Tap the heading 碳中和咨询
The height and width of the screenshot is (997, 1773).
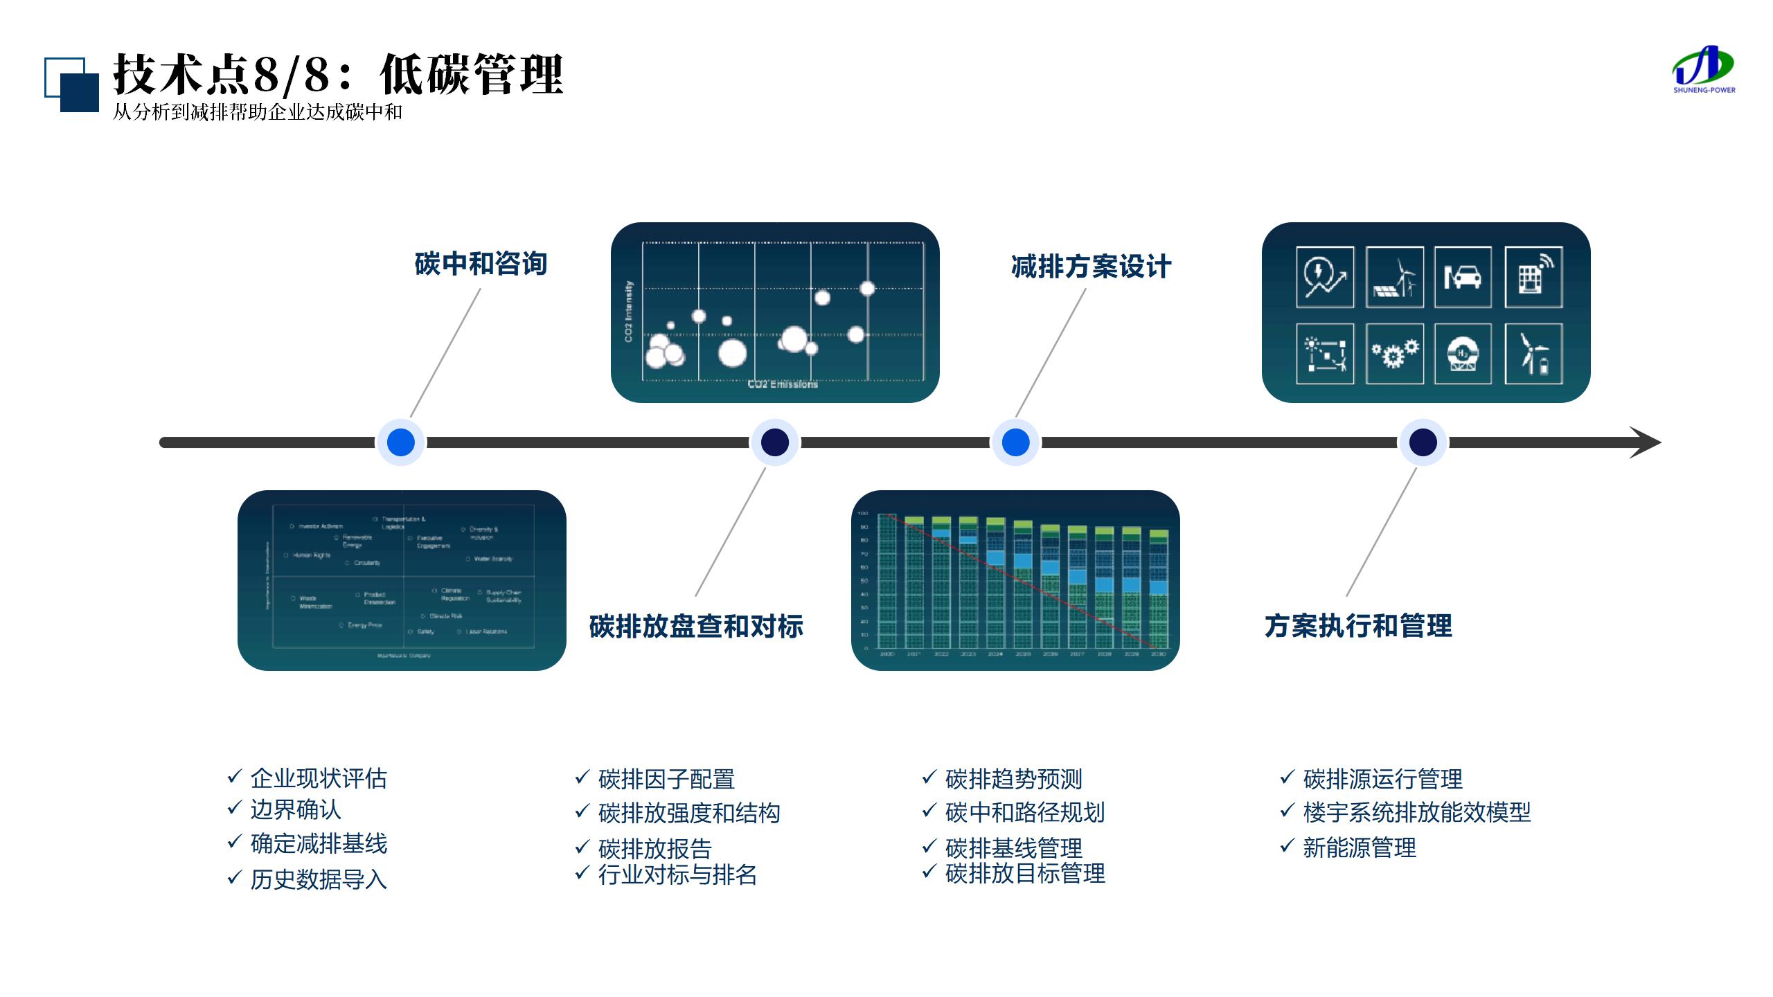pyautogui.click(x=481, y=264)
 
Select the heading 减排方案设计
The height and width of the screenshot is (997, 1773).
pyautogui.click(x=1091, y=267)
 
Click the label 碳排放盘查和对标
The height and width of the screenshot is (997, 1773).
pyautogui.click(x=696, y=626)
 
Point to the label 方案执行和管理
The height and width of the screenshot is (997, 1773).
pyautogui.click(x=1358, y=626)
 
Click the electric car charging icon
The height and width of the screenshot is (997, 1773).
pyautogui.click(x=1463, y=277)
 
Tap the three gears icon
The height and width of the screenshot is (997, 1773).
pyautogui.click(x=1394, y=354)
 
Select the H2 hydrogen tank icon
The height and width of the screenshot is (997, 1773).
pyautogui.click(x=1463, y=354)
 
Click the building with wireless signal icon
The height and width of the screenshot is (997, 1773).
pyautogui.click(x=1533, y=277)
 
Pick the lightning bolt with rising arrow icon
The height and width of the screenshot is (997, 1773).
pyautogui.click(x=1325, y=277)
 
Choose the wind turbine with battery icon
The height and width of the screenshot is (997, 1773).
pyautogui.click(x=1533, y=354)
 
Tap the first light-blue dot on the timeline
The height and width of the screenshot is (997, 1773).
pyautogui.click(x=401, y=442)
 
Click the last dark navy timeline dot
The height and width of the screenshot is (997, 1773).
pyautogui.click(x=1423, y=442)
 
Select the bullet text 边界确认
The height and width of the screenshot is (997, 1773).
pyautogui.click(x=296, y=809)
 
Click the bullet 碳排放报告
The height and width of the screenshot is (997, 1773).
pyautogui.click(x=655, y=848)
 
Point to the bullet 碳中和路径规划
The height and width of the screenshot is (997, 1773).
pyautogui.click(x=1025, y=812)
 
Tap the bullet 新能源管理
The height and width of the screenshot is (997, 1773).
pyautogui.click(x=1360, y=847)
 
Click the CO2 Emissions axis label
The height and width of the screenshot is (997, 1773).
pyautogui.click(x=783, y=384)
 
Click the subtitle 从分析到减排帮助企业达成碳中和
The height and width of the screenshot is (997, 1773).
pyautogui.click(x=258, y=112)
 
